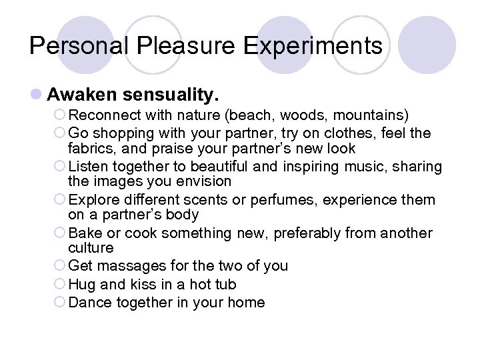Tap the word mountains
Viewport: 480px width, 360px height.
[372, 115]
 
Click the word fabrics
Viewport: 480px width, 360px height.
[91, 148]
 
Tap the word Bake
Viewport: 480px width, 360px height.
[85, 233]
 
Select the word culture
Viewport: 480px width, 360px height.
[91, 248]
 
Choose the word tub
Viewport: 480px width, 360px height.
[224, 285]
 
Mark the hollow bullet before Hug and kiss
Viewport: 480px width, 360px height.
[60, 285]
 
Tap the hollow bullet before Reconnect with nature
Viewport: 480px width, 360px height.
[60, 115]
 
